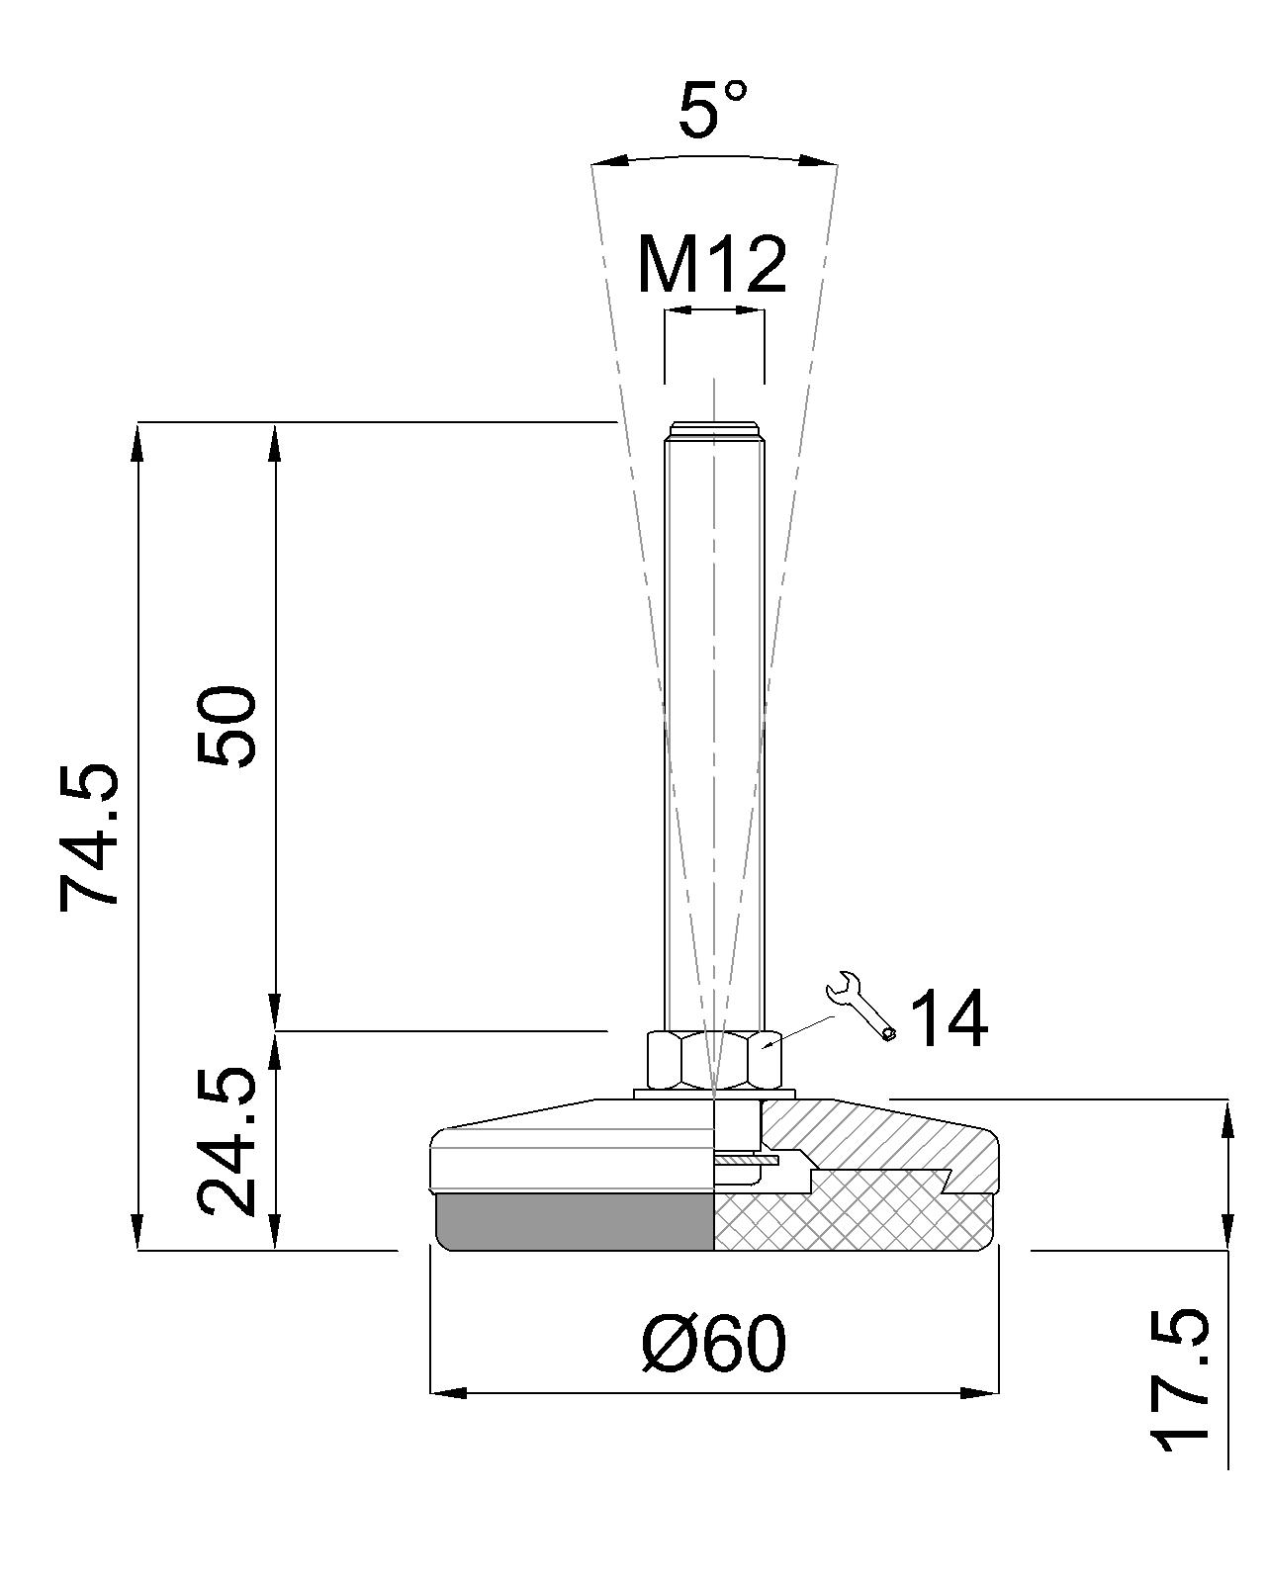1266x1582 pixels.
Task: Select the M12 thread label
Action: click(711, 265)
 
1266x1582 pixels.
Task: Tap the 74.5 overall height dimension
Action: click(88, 837)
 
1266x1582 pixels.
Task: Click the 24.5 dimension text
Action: click(226, 1142)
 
